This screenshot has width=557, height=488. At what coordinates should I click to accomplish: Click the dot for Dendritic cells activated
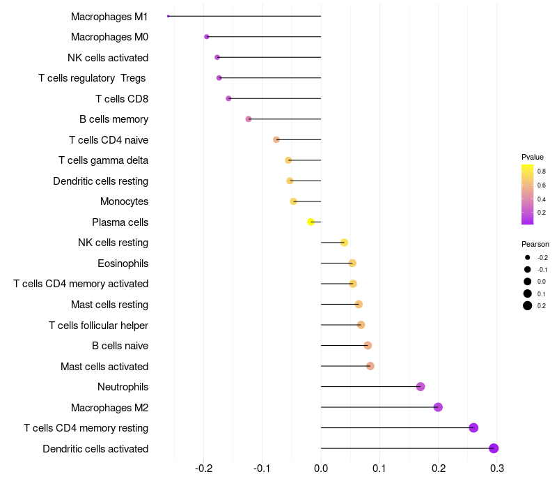(494, 448)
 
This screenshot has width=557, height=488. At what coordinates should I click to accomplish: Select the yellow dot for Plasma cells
(311, 222)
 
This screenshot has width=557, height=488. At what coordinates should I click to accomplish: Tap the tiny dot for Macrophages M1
(168, 16)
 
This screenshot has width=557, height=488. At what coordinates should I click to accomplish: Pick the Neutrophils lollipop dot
(421, 387)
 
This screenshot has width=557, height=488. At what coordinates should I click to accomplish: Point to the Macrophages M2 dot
(438, 407)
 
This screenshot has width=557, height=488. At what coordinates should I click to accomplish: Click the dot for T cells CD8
(228, 98)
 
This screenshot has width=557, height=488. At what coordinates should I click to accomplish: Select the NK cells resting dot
(344, 243)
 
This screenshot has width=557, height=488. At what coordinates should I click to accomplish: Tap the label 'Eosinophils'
(123, 264)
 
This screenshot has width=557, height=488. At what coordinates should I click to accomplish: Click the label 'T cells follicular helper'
(98, 326)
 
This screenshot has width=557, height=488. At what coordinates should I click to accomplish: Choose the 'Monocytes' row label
(125, 201)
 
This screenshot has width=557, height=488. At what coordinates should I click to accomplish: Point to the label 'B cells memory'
(113, 119)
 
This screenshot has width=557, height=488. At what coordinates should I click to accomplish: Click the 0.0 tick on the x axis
(321, 468)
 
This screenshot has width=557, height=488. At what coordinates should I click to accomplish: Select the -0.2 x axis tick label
(203, 468)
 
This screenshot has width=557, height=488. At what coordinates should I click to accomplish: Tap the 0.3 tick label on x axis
(497, 468)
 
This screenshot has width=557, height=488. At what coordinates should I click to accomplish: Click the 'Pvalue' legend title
(532, 158)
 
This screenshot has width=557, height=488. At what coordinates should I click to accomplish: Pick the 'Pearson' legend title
(535, 245)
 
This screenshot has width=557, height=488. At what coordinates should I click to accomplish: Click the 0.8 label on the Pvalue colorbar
(542, 171)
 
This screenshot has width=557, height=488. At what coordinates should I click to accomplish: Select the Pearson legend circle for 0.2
(528, 305)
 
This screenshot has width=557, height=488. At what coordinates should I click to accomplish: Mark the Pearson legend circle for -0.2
(528, 257)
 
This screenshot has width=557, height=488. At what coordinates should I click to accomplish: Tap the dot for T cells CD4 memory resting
(473, 428)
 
